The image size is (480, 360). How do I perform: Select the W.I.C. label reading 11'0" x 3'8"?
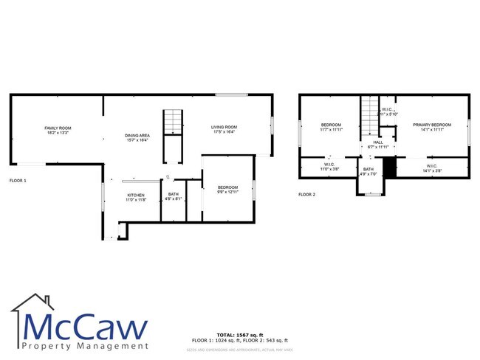(329, 167)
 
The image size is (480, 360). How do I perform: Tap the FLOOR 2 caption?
(306, 195)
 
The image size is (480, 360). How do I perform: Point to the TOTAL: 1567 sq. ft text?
(240, 335)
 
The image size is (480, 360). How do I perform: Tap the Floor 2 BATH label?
(368, 172)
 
